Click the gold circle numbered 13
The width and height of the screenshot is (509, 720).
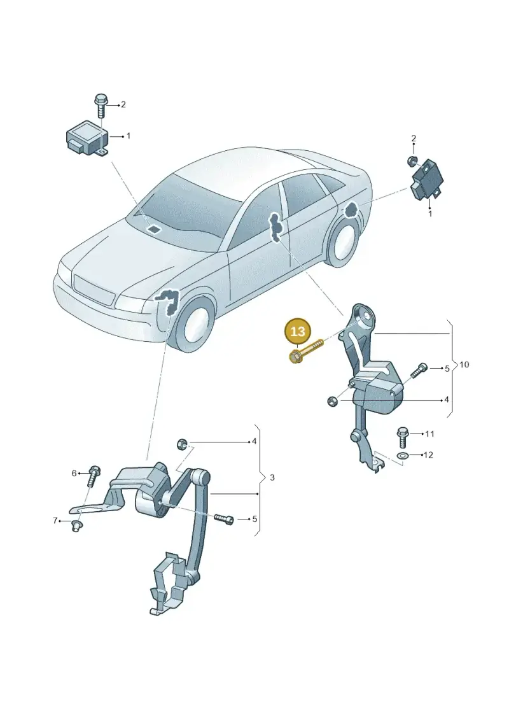[x=297, y=331]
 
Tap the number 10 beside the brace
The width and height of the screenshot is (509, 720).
[x=464, y=365]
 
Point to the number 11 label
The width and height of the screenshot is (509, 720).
[x=429, y=434]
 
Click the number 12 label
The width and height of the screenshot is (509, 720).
[x=428, y=455]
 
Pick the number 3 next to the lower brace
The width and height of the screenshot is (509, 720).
[x=272, y=477]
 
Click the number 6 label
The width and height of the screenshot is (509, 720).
[x=74, y=473]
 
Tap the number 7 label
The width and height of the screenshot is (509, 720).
[x=55, y=521]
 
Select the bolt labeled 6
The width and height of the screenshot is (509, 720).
[x=93, y=476]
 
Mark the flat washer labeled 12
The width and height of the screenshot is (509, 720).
[x=403, y=456]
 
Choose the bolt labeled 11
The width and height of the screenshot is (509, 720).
[x=403, y=437]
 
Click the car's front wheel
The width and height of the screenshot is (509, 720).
[x=195, y=324]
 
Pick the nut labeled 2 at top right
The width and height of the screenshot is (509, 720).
[x=412, y=160]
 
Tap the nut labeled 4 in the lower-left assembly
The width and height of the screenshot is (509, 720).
[x=181, y=444]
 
